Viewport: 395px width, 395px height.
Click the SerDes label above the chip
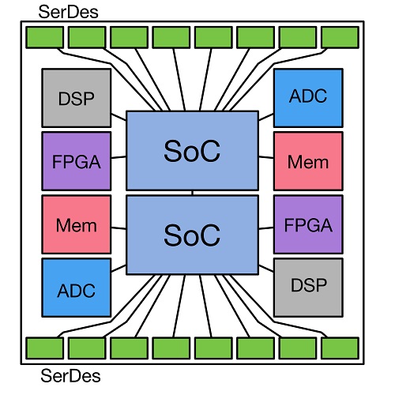[x=68, y=12]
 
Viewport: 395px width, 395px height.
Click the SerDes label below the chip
[x=70, y=375]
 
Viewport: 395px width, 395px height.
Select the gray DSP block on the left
[x=77, y=98]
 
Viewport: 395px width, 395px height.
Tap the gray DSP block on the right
[x=308, y=288]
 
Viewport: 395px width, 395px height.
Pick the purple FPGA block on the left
[x=77, y=161]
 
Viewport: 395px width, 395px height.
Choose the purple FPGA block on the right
[x=308, y=224]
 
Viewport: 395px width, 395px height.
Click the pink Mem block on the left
[x=77, y=224]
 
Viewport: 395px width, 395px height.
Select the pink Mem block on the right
[x=308, y=161]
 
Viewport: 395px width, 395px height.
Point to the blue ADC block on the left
[x=77, y=288]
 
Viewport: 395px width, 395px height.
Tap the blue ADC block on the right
[x=308, y=98]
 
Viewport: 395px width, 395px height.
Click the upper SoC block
[x=192, y=151]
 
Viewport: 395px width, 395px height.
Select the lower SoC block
[x=192, y=235]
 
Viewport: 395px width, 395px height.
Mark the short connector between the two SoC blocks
[x=193, y=193]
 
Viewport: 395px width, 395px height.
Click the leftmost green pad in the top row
[x=45, y=37]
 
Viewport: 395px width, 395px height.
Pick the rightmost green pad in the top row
[x=340, y=37]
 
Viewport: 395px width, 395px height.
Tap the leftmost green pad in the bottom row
[x=45, y=348]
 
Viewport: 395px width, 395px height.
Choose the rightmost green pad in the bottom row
[x=340, y=348]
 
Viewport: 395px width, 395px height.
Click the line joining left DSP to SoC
[x=118, y=117]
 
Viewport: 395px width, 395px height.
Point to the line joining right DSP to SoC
[x=266, y=269]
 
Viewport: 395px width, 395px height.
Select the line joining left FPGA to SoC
[x=118, y=157]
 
